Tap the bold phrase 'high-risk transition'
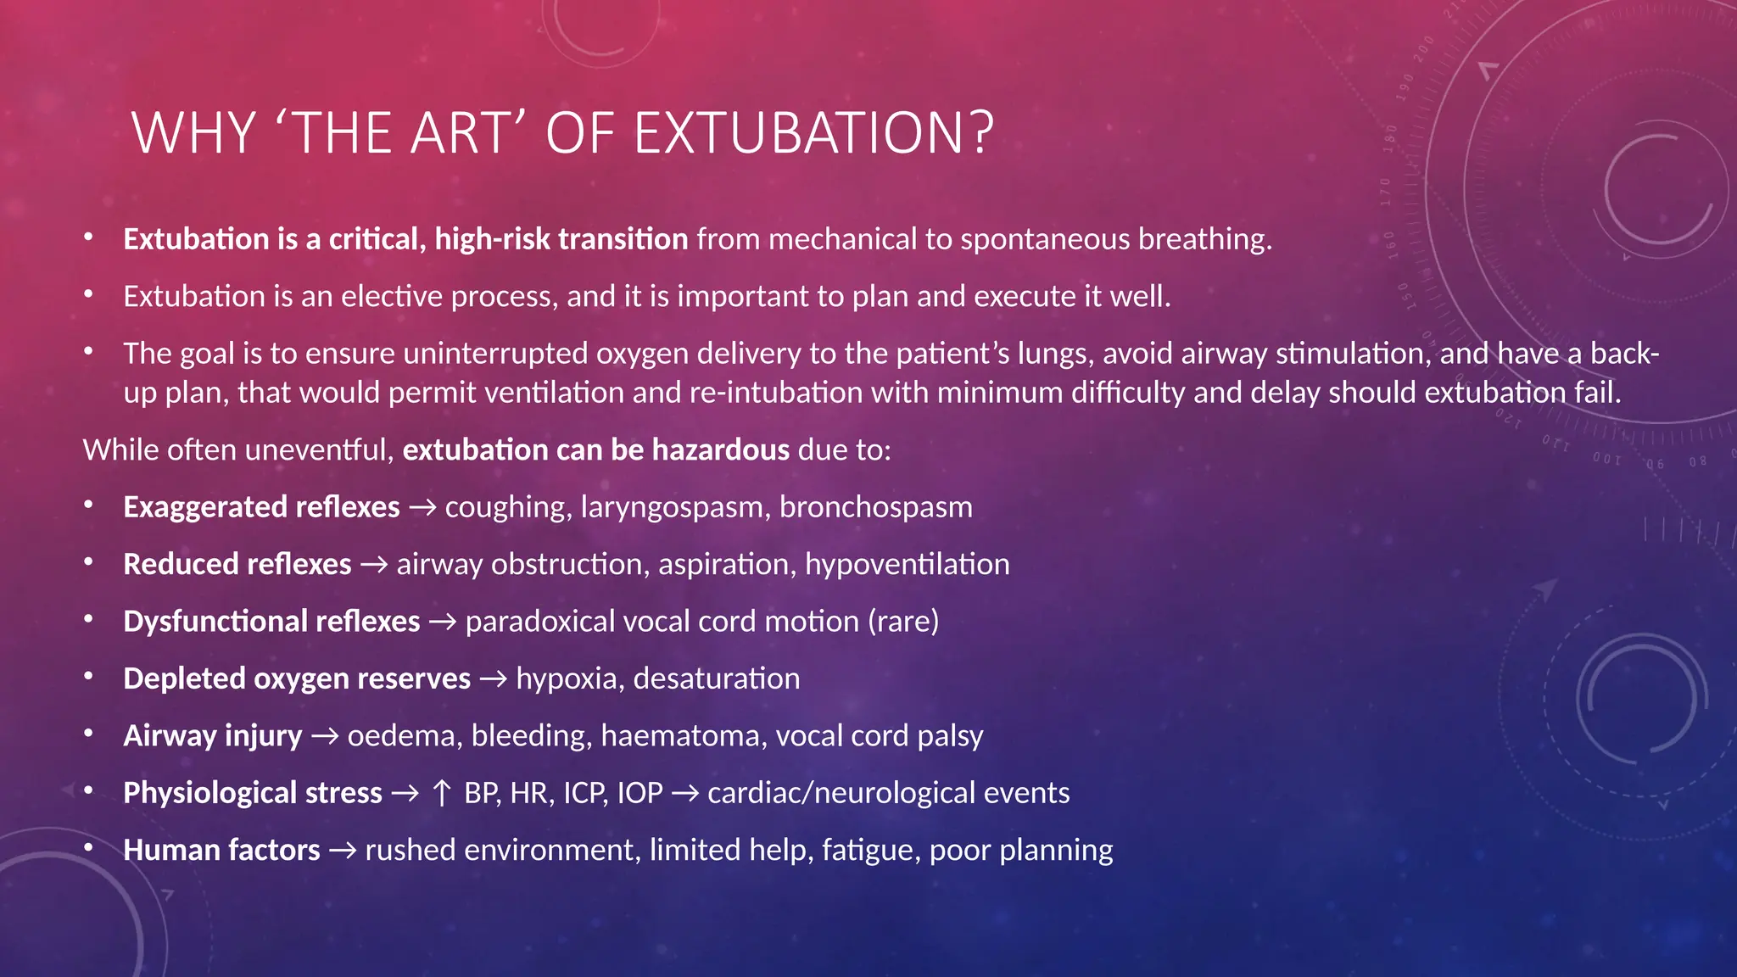click(561, 239)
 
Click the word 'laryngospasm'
click(672, 507)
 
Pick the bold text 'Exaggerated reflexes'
click(261, 507)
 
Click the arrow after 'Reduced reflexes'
click(373, 565)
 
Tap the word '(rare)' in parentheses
click(902, 622)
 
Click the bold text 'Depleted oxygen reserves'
click(296, 678)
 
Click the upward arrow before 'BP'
click(441, 793)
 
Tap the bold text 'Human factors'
click(221, 850)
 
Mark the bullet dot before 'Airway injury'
click(88, 734)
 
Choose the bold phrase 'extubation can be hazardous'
click(595, 450)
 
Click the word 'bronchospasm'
click(875, 507)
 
